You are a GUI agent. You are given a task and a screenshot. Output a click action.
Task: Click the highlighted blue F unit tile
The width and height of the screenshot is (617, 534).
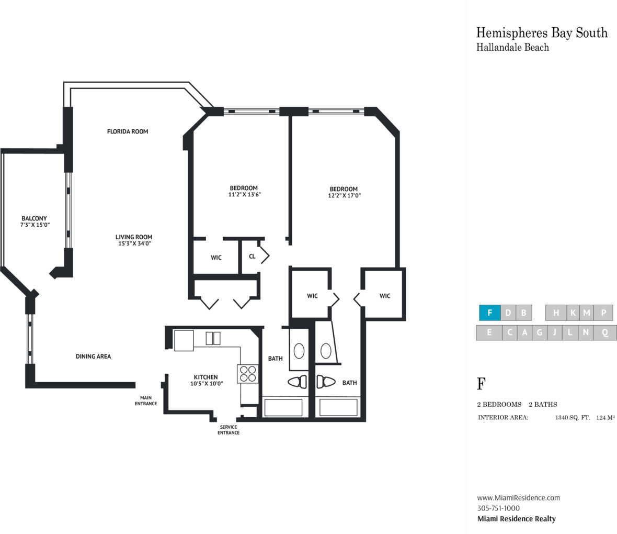coord(489,313)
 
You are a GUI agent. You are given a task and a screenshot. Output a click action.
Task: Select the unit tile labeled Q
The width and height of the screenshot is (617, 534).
coord(605,332)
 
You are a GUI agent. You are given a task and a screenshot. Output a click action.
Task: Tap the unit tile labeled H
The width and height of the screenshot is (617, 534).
coord(556,313)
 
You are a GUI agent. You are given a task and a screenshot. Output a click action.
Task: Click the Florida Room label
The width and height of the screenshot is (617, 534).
coord(128,131)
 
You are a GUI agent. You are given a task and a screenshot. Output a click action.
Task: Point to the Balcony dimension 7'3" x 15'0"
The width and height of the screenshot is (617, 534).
coord(35,225)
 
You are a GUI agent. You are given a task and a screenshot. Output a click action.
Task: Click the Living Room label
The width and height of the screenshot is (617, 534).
coord(134,237)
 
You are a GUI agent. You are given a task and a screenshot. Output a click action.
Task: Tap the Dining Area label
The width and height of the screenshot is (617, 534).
coord(93,357)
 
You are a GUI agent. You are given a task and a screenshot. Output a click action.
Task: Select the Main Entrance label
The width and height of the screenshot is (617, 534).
coord(146,401)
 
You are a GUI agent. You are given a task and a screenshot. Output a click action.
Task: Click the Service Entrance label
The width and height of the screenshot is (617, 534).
coord(228,430)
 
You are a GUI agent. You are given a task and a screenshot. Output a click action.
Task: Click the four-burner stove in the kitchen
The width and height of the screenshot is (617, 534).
coord(248,374)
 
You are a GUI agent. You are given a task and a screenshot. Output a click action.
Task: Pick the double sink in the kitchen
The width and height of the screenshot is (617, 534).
coord(213,339)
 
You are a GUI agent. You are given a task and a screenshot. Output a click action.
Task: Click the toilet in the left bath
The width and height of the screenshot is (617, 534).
coord(298,382)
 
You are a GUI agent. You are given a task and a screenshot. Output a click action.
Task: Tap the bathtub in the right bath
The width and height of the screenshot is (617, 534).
coord(338,407)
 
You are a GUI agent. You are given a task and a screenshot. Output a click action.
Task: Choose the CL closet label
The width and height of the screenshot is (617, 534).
coord(252,256)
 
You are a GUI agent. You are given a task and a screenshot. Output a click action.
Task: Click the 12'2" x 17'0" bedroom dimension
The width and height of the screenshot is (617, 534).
coord(344,195)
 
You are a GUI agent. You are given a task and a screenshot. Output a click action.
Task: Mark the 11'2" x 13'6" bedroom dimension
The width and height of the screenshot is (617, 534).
coord(244,195)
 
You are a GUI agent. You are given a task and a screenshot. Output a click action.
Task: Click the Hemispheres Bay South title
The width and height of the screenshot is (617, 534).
coord(542,32)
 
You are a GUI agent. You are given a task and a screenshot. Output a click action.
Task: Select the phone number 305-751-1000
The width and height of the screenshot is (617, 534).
coord(498,508)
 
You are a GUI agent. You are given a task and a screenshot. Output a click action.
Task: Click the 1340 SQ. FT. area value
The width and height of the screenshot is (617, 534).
coord(573,418)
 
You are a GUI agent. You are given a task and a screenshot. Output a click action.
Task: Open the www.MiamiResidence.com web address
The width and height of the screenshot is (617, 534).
coord(519,498)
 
